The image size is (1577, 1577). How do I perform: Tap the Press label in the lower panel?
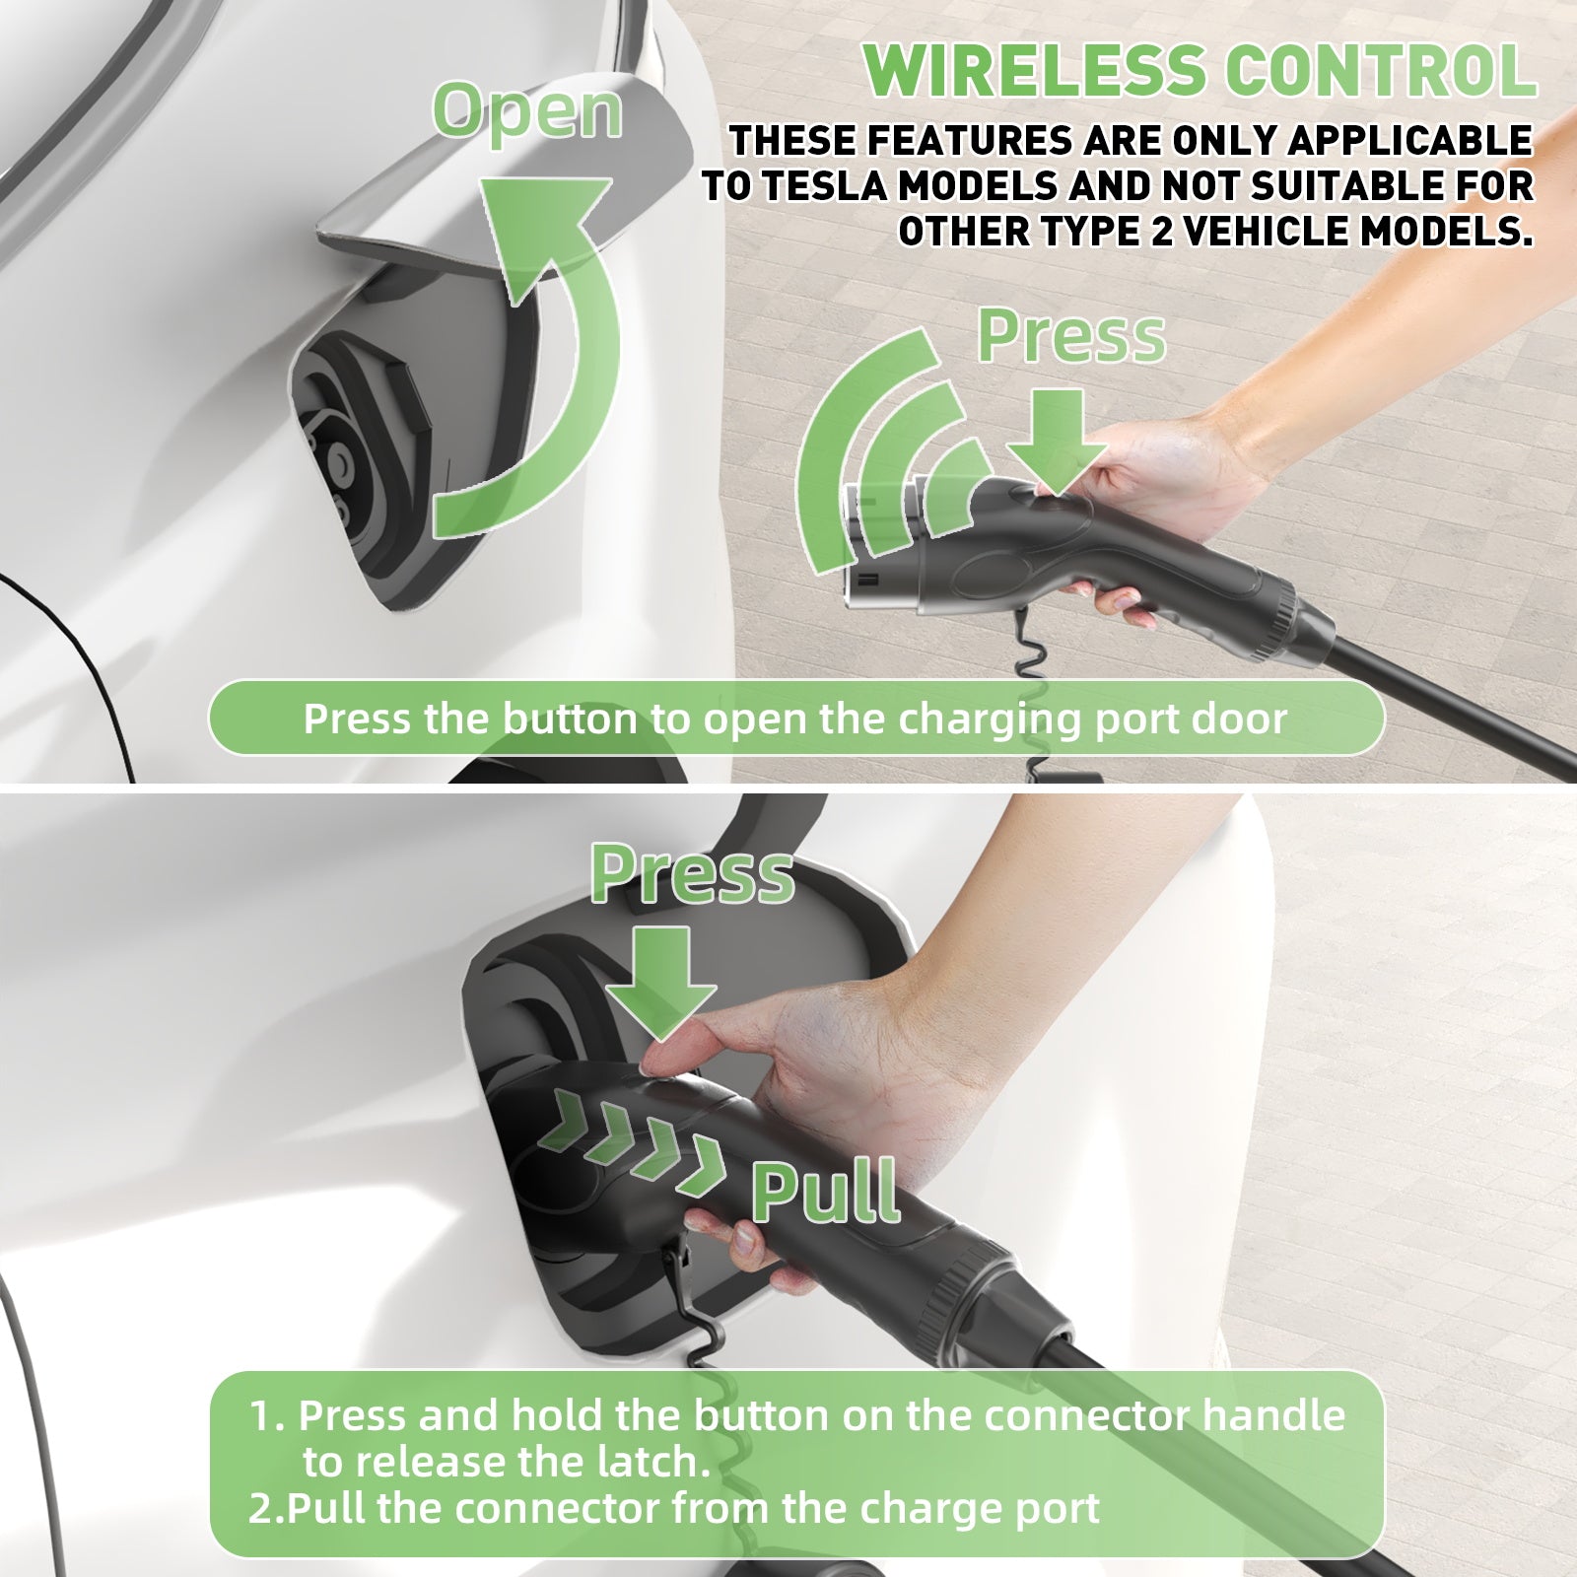point(692,875)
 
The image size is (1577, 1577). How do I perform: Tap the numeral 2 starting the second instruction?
point(258,1509)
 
